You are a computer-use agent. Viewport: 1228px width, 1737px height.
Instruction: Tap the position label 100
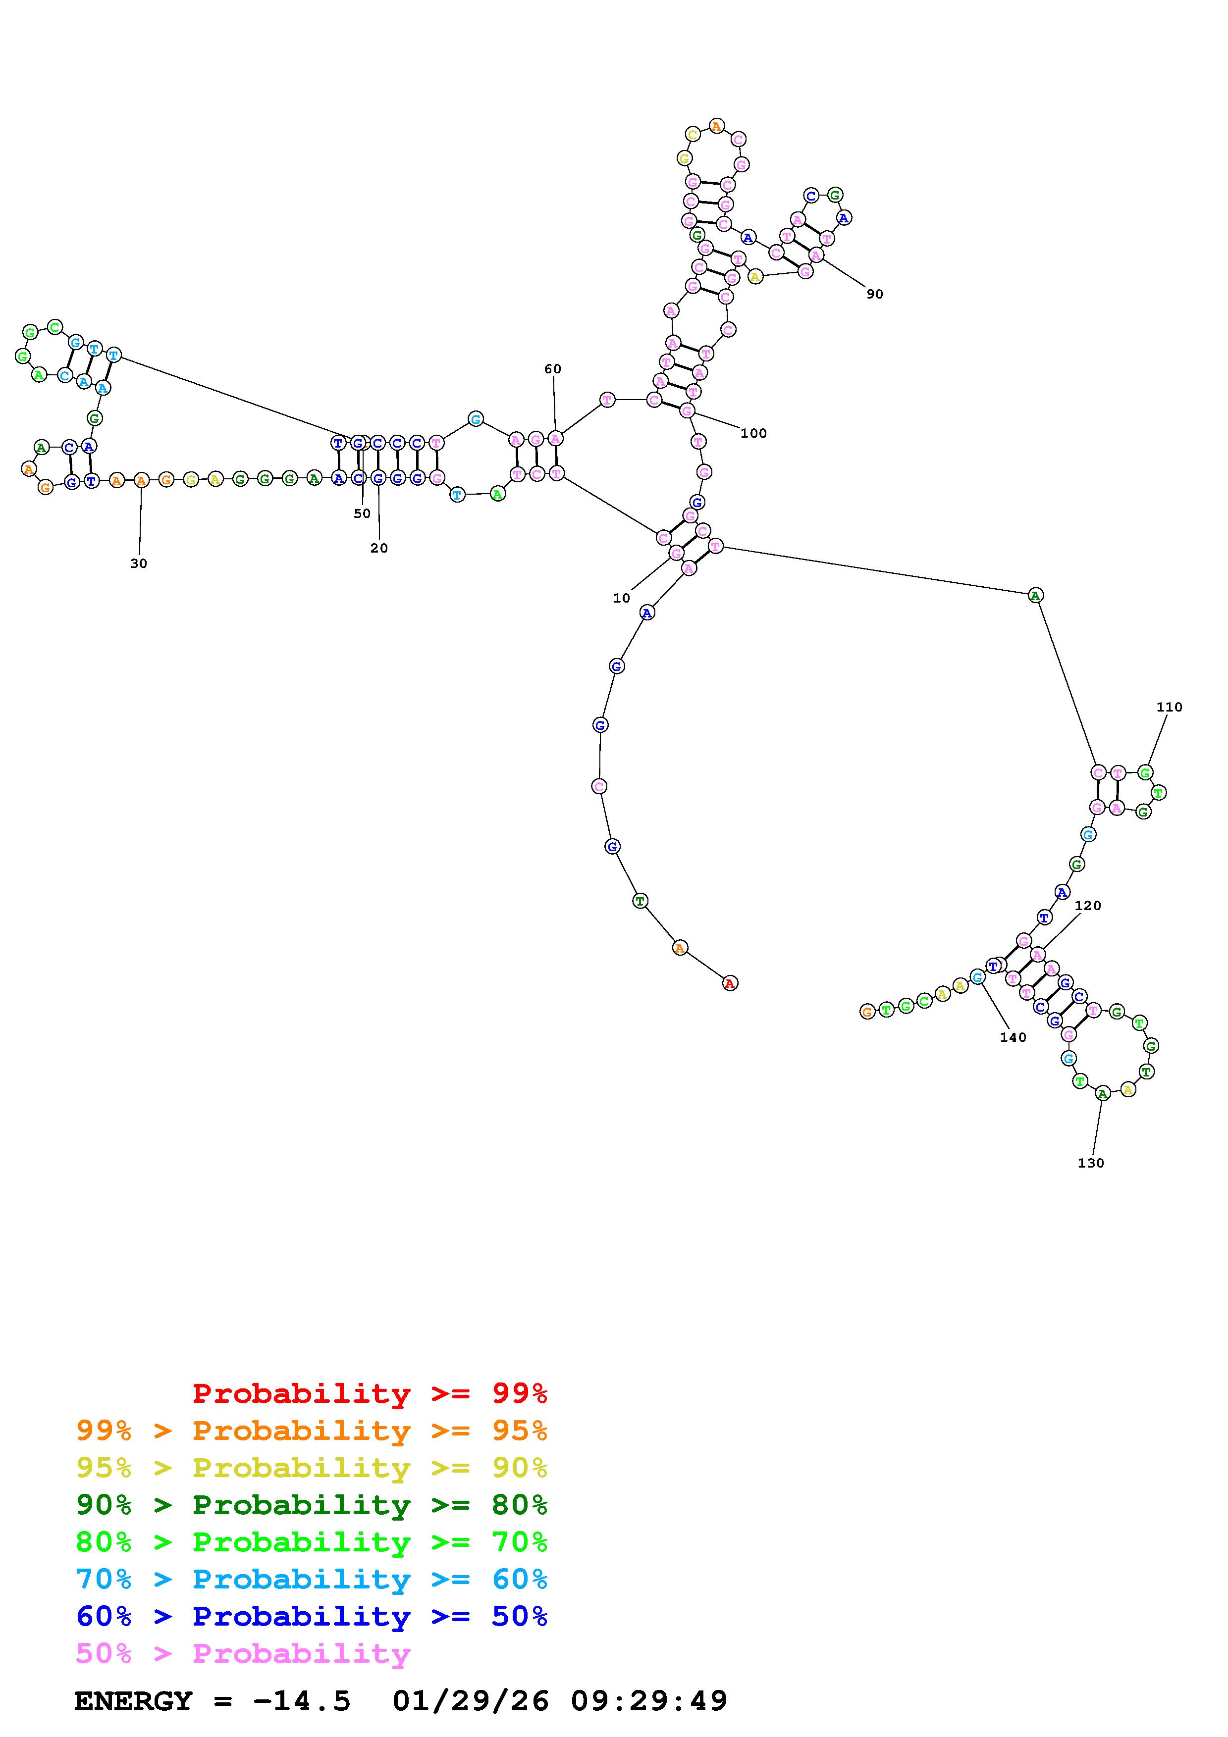(x=753, y=433)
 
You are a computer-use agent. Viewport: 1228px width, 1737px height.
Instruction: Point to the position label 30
(x=139, y=563)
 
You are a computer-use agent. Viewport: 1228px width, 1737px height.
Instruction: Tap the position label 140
(x=1013, y=1037)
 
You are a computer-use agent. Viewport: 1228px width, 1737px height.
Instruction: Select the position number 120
(x=1087, y=906)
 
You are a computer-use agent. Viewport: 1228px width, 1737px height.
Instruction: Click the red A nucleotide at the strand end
(x=729, y=983)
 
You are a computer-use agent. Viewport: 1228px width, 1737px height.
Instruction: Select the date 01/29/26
(x=471, y=1701)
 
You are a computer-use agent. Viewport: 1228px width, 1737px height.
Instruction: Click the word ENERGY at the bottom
(x=133, y=1701)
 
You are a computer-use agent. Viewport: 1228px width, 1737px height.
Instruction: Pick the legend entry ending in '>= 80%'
(x=311, y=1505)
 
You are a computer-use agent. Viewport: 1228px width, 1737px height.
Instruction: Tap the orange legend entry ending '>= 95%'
(x=311, y=1430)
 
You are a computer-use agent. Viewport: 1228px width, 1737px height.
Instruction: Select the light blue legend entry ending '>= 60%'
(x=311, y=1580)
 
